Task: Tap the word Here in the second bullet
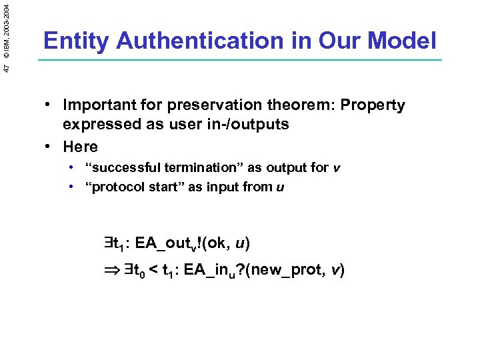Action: point(80,147)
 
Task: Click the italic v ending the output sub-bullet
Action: point(336,168)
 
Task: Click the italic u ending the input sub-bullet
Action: point(280,187)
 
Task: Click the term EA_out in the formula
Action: point(163,244)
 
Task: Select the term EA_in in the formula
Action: point(213,271)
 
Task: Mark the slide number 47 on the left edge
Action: point(6,68)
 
